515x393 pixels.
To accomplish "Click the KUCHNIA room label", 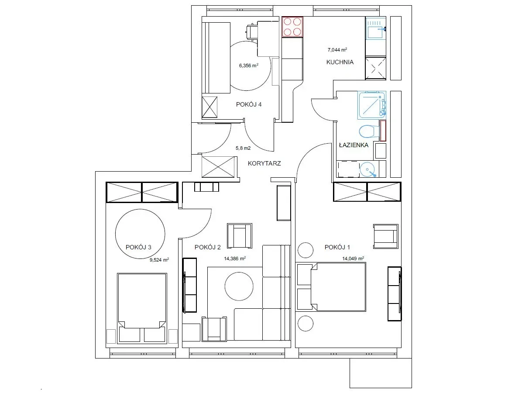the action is [x=340, y=62].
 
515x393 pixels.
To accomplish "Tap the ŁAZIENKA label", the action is [x=354, y=145].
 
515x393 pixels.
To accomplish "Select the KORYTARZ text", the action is [x=264, y=163].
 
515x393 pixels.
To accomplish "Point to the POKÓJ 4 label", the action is [x=249, y=104].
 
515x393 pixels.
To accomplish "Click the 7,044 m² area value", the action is [x=337, y=50].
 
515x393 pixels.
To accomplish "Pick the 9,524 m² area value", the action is [x=159, y=259].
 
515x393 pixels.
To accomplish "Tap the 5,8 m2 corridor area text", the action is [x=243, y=148].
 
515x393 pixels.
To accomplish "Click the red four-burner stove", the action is [x=292, y=27].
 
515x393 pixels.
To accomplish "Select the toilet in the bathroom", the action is [x=369, y=131].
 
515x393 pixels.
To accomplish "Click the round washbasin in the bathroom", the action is [x=368, y=170].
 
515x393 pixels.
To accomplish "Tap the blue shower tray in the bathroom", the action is [x=371, y=105].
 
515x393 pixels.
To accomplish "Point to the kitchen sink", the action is [x=376, y=29].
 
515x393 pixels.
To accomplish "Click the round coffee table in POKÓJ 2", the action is [x=239, y=286].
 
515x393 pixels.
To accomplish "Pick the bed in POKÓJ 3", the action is [x=142, y=308].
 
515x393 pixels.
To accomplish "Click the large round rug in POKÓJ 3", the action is [x=140, y=234].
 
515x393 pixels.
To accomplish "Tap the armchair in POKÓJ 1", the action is [x=385, y=236].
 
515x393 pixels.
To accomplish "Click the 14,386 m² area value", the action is [x=235, y=259].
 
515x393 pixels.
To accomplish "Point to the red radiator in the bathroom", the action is [x=383, y=131].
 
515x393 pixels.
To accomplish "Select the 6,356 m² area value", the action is [x=249, y=65].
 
